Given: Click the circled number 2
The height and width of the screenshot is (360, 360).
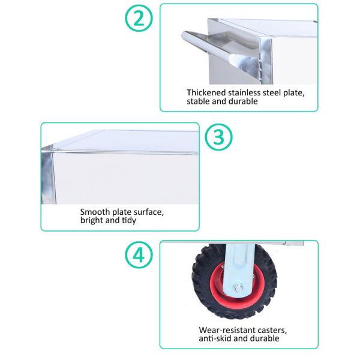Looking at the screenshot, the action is (139, 18).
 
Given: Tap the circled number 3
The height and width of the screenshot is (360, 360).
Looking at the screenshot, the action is (218, 137).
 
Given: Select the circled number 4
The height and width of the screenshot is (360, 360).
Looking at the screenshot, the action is (139, 255).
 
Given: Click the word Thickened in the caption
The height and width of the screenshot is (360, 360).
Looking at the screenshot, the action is (206, 92).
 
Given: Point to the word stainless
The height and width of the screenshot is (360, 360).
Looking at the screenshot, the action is (244, 92).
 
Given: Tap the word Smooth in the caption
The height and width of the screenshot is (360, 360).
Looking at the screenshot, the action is (95, 212).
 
